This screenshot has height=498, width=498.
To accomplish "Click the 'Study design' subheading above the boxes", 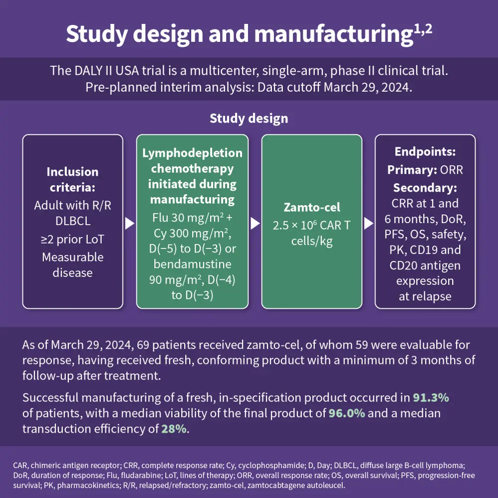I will point(249,119).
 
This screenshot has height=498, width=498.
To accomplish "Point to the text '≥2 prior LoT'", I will point(73,240).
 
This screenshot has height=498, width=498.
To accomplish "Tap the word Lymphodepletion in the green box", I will point(192,153).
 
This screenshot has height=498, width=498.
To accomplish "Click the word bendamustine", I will point(192,263).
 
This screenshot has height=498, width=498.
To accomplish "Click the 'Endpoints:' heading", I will point(425,152).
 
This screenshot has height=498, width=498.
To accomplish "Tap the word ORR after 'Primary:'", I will point(451,170).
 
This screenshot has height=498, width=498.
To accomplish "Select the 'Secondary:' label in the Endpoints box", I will point(425,188).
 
